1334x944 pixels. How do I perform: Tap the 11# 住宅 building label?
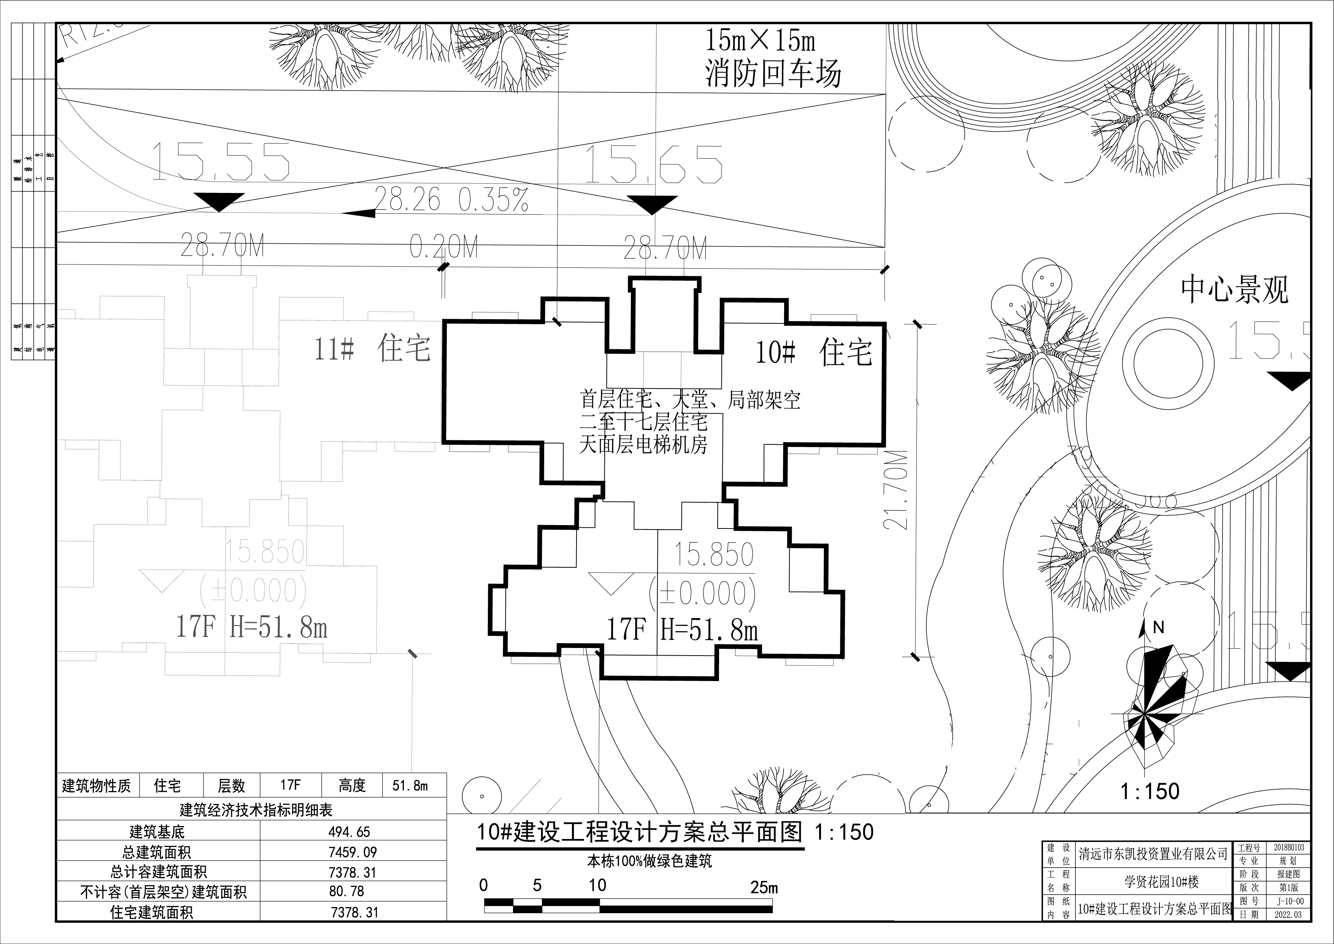pos(372,349)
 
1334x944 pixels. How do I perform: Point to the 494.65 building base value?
pos(349,832)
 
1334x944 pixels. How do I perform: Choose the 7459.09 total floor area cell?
pos(352,852)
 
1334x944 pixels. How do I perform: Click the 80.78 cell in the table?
pos(347,891)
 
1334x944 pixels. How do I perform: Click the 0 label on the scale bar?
pos(483,885)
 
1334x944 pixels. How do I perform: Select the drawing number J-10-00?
pos(1290,901)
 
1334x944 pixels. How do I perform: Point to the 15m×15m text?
pos(760,41)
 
